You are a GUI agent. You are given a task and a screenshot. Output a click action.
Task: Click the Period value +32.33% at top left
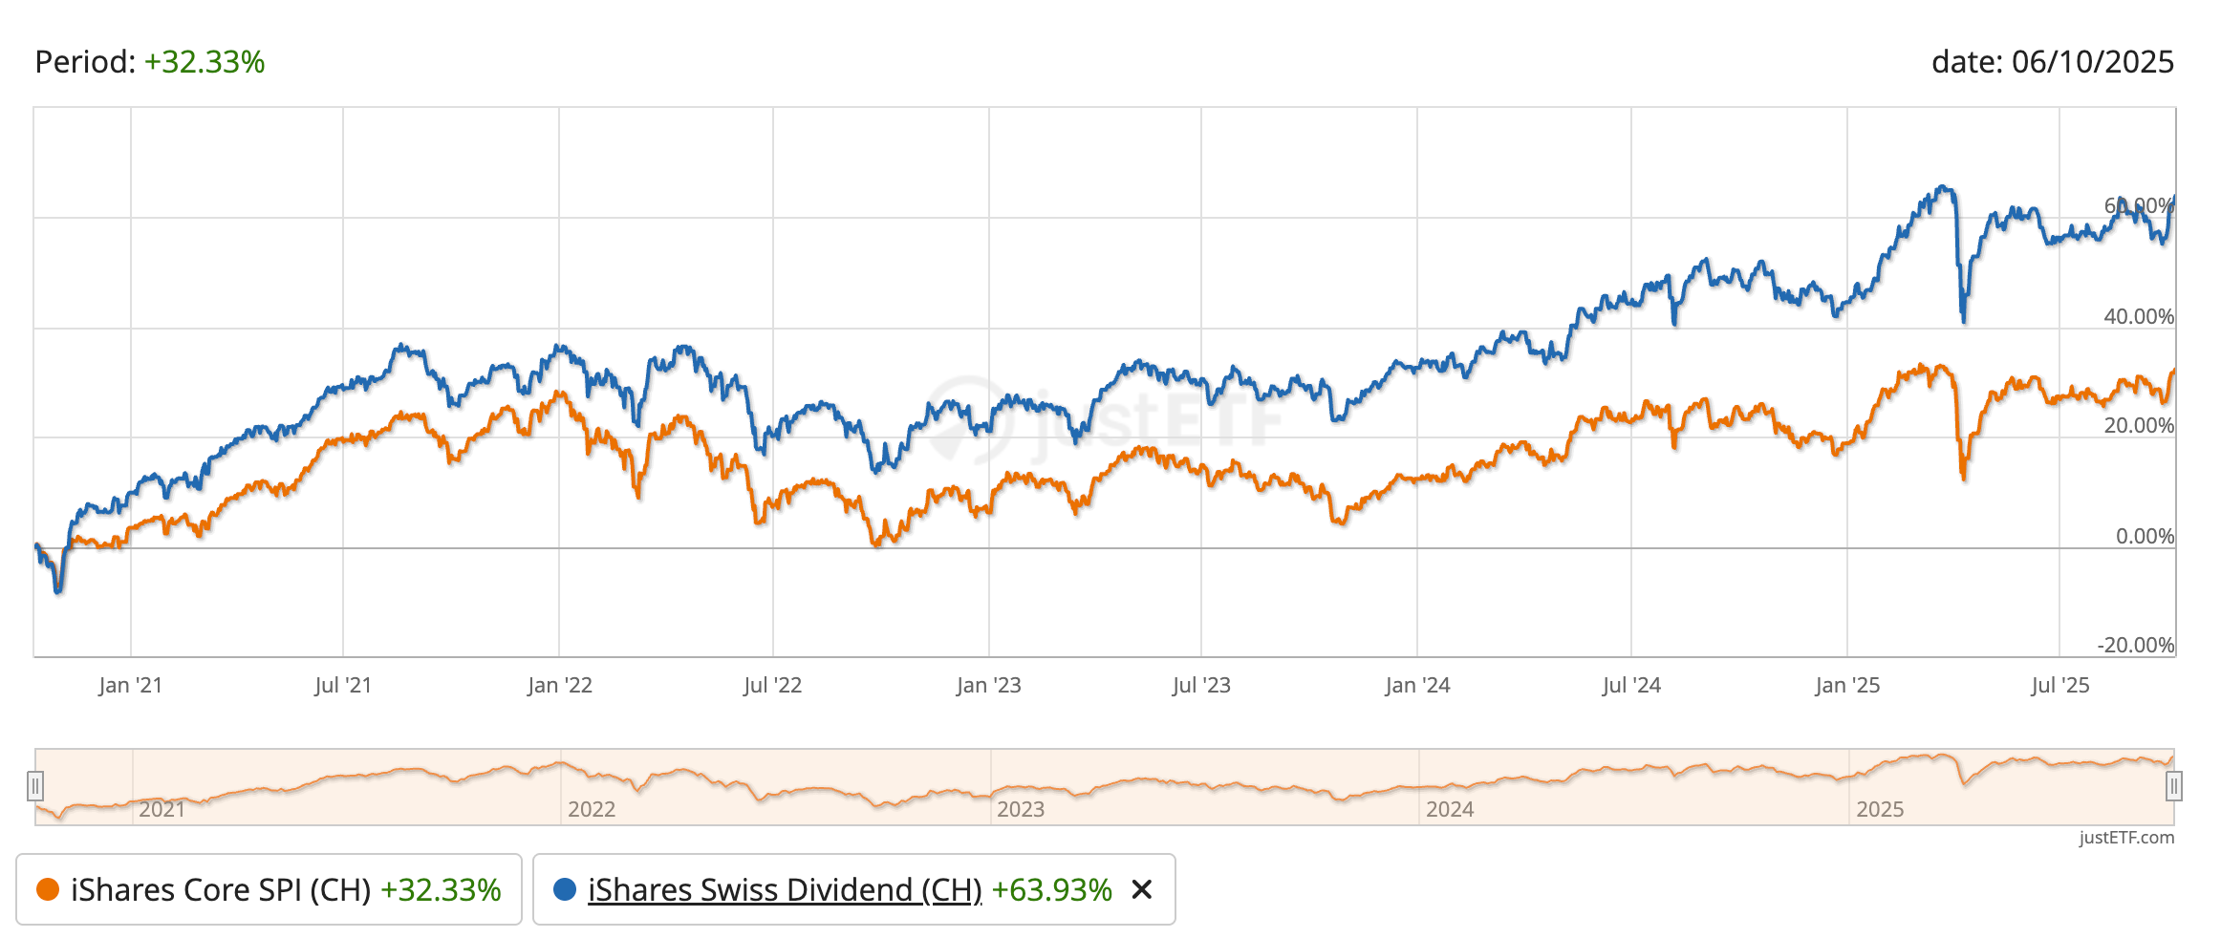click(204, 62)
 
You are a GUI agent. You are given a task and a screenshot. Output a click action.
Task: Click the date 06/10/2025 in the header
click(2092, 62)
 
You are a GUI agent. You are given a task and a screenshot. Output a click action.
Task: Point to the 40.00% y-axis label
click(2138, 316)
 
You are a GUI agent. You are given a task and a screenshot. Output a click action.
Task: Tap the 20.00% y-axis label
click(2138, 425)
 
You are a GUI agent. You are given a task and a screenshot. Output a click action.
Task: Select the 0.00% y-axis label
click(2145, 536)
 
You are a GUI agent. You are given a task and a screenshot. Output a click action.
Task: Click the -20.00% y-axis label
click(2135, 645)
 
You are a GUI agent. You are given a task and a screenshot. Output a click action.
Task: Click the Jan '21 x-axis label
click(130, 685)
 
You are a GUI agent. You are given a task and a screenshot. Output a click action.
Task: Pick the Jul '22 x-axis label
click(772, 685)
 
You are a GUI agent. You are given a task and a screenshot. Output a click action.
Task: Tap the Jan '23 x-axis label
click(988, 685)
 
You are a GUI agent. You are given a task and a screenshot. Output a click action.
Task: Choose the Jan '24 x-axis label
click(1417, 685)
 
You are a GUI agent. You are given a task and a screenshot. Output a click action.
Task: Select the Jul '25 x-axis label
click(2059, 685)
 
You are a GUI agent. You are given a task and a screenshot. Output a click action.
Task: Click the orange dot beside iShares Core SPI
click(48, 889)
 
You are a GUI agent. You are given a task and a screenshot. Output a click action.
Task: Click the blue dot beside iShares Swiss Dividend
click(565, 889)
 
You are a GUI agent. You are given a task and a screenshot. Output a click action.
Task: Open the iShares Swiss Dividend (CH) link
click(785, 889)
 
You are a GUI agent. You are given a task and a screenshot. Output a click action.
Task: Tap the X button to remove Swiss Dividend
click(1141, 889)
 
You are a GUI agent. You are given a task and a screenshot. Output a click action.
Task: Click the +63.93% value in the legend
click(1051, 889)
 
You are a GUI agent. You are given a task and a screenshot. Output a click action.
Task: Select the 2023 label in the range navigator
click(1021, 809)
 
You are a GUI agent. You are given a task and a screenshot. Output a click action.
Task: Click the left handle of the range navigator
click(35, 786)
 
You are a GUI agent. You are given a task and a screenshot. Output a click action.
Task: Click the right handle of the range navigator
click(2173, 786)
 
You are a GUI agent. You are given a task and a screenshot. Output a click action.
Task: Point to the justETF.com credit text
click(2125, 838)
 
